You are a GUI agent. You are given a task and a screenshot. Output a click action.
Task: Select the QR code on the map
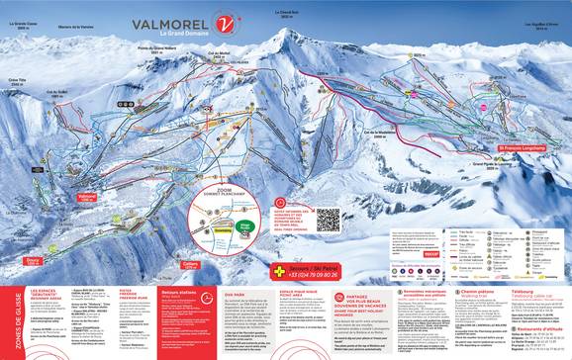point(328,219)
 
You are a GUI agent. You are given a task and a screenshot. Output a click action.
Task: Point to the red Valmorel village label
point(86,198)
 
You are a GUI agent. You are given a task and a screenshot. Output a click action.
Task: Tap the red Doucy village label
point(34,262)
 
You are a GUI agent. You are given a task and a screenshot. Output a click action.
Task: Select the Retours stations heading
point(176,294)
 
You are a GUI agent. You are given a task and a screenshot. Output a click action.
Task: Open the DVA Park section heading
point(235,293)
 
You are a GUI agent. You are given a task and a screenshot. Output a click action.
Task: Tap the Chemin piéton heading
point(476,292)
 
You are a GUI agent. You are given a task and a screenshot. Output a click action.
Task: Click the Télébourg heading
point(527,292)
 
